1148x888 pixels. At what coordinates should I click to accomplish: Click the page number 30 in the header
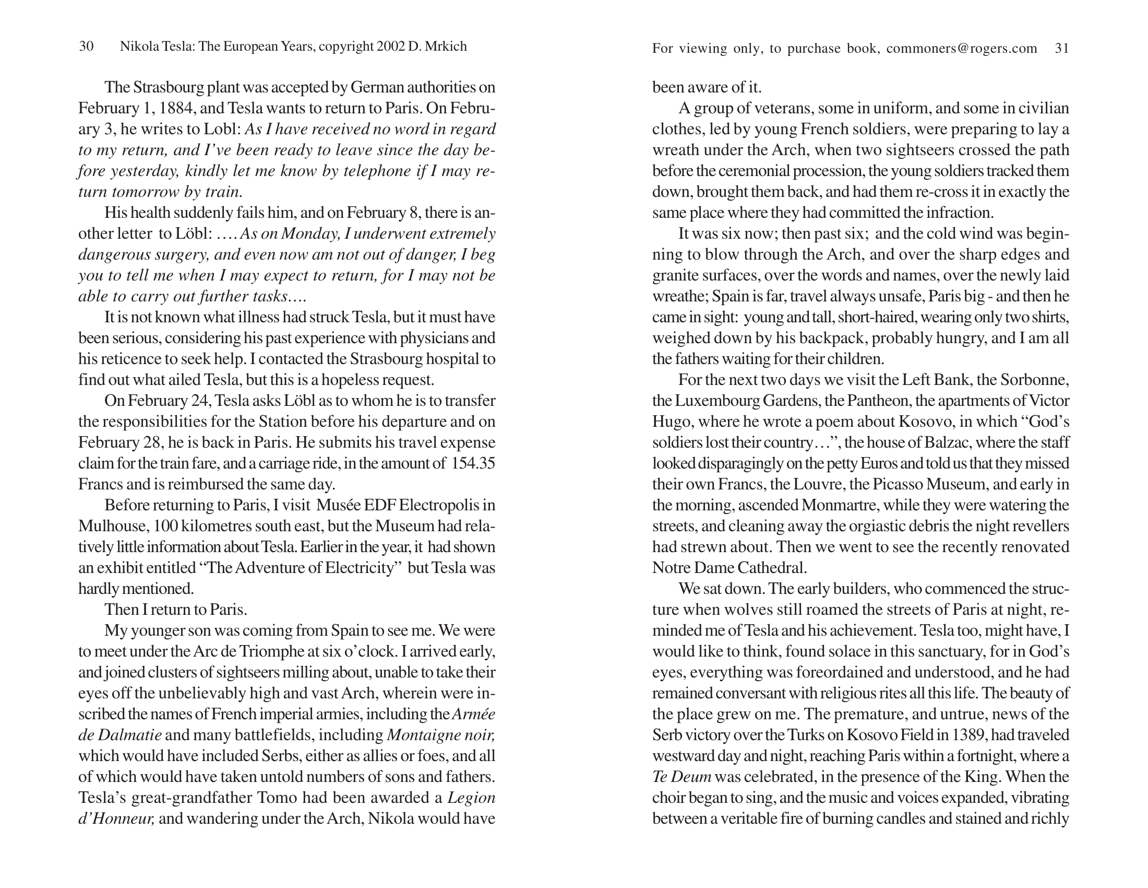tap(86, 46)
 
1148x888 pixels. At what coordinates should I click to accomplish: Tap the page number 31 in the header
tap(1062, 49)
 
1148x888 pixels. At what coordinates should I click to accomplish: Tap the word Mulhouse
tap(109, 526)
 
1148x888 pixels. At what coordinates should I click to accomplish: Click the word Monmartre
tap(839, 505)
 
